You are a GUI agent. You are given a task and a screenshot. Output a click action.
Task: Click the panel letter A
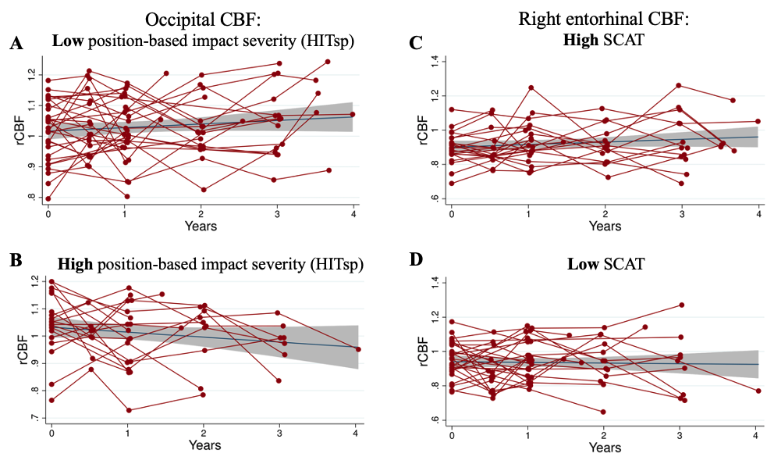16,44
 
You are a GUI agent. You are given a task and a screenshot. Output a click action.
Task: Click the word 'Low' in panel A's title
68,41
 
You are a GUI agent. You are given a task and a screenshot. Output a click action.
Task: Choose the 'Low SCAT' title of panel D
605,264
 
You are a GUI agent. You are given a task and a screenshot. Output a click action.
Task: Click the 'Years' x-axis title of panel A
201,227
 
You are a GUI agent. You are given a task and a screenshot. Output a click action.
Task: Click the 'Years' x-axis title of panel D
605,448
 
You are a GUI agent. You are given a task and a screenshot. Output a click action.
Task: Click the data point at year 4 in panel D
758,391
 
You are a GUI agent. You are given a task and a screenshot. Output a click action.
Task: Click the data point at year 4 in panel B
357,349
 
